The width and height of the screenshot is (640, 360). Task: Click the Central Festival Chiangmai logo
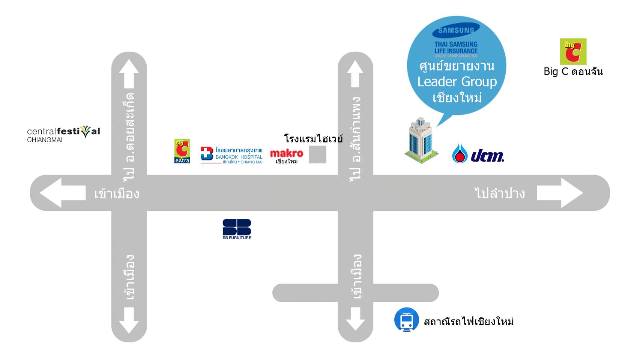63,134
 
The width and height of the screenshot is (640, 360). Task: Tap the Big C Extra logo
182,151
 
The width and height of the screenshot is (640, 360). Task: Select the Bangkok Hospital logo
231,155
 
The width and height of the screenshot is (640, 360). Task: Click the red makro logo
287,153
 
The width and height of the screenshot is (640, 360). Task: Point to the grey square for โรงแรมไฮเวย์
317,154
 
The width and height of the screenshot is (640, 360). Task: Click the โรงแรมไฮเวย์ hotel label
313,139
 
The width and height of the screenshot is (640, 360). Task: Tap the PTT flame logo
460,154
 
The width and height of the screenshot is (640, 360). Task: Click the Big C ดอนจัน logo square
573,52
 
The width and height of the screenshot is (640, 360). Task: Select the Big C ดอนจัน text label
573,72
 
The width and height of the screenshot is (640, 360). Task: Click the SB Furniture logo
237,229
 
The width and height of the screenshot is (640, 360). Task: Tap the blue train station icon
406,320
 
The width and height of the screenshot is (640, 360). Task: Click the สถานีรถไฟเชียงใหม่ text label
469,321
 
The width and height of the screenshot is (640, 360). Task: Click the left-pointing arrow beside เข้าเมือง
62,193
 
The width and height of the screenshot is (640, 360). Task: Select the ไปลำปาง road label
500,193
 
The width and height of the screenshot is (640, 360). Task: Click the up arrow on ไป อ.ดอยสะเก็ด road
129,73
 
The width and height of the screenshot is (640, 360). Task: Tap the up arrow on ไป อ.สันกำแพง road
355,73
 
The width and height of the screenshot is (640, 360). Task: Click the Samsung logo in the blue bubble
456,30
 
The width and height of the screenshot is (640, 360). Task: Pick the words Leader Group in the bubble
457,82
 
